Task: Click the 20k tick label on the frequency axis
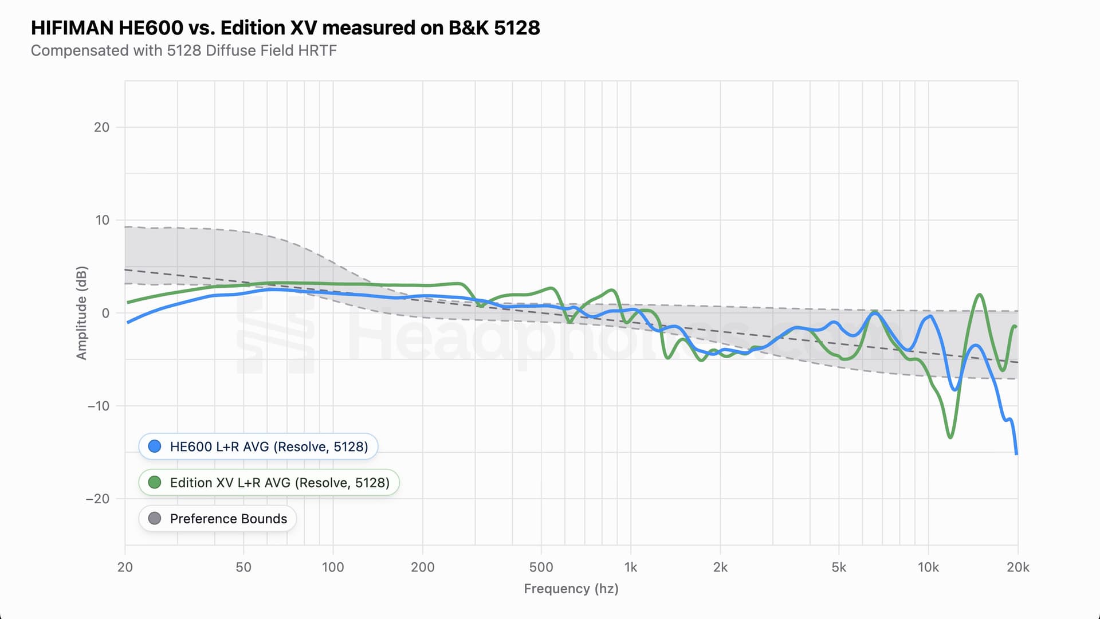click(1017, 567)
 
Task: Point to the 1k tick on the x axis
click(630, 567)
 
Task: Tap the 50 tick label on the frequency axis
click(243, 567)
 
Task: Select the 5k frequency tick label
click(838, 567)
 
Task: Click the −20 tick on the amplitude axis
click(97, 499)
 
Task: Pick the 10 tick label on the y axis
click(102, 220)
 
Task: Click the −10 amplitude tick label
click(97, 406)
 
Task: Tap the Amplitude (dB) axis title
click(82, 313)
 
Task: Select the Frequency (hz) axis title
click(571, 589)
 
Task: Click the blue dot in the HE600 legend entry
click(155, 446)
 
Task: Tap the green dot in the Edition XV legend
click(155, 483)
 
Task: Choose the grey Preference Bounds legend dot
click(155, 519)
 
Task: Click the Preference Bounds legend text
click(228, 519)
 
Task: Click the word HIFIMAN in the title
click(72, 28)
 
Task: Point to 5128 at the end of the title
click(517, 28)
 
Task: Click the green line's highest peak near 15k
click(980, 295)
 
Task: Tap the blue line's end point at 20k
click(1017, 454)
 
